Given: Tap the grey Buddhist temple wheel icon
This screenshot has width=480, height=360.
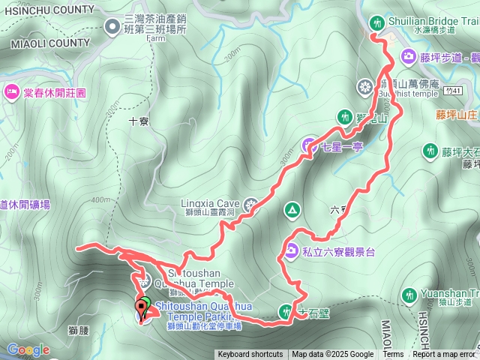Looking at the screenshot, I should pyautogui.click(x=365, y=87).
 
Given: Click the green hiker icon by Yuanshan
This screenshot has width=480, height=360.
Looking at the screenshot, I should pyautogui.click(x=409, y=295).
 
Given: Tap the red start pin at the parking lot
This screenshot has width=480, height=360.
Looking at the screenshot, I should pyautogui.click(x=140, y=307).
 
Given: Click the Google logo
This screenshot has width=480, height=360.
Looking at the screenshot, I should pyautogui.click(x=28, y=349).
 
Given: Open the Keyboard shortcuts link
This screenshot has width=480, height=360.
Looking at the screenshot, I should pyautogui.click(x=250, y=355).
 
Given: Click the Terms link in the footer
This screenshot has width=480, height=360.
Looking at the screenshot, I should pyautogui.click(x=393, y=355).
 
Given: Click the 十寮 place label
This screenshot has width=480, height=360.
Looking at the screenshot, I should pyautogui.click(x=138, y=120).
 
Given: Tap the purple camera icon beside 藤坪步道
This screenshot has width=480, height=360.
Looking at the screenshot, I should pyautogui.click(x=409, y=55).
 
